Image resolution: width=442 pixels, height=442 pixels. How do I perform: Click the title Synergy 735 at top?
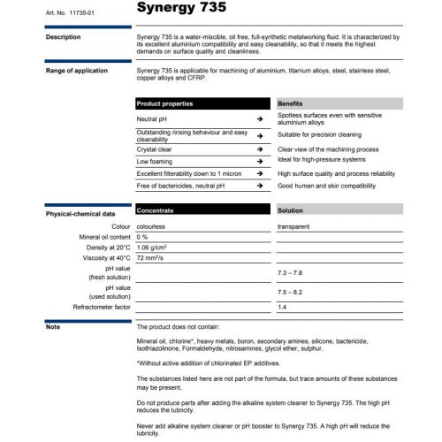[x=181, y=9]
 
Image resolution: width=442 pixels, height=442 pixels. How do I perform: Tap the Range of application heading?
[x=77, y=71]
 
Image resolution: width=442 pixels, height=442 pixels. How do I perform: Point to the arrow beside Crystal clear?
[x=260, y=149]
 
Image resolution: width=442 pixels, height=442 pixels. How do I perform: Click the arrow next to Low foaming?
[x=260, y=162]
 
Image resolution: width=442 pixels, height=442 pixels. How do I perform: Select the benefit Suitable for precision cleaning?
[x=322, y=136]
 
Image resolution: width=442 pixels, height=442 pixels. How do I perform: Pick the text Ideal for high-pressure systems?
[x=320, y=162]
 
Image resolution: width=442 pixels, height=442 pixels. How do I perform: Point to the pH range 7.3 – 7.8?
[x=290, y=273]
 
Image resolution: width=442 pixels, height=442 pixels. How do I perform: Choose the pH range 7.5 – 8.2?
[x=290, y=292]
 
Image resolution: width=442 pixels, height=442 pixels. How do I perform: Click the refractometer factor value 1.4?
[x=282, y=307]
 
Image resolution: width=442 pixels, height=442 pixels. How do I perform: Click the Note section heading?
[x=53, y=327]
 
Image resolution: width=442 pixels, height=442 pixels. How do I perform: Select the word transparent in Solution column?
[x=294, y=227]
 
